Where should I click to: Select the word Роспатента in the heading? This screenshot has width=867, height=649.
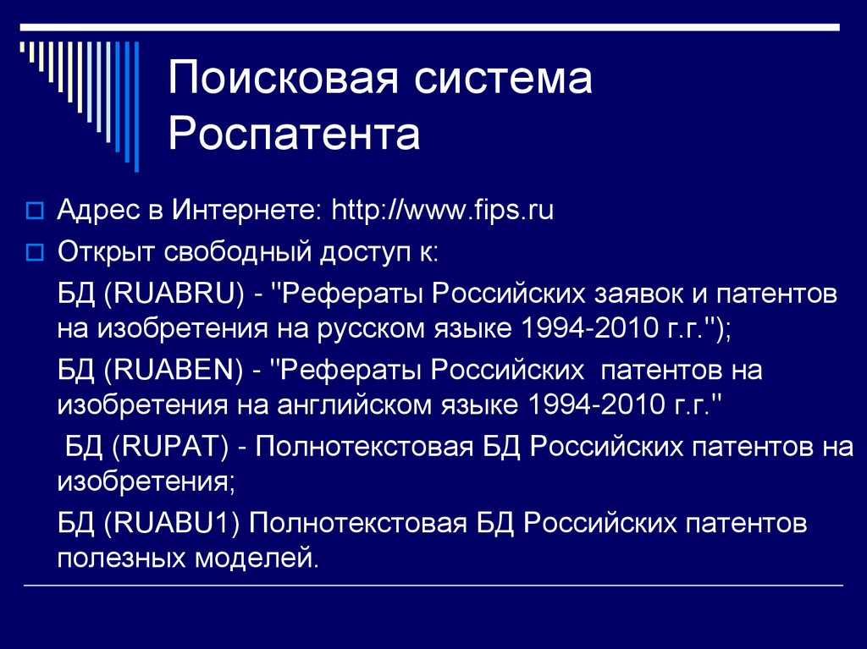(x=294, y=135)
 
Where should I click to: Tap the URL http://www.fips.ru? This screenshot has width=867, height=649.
(x=442, y=210)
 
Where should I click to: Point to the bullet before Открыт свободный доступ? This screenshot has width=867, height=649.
(x=34, y=252)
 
